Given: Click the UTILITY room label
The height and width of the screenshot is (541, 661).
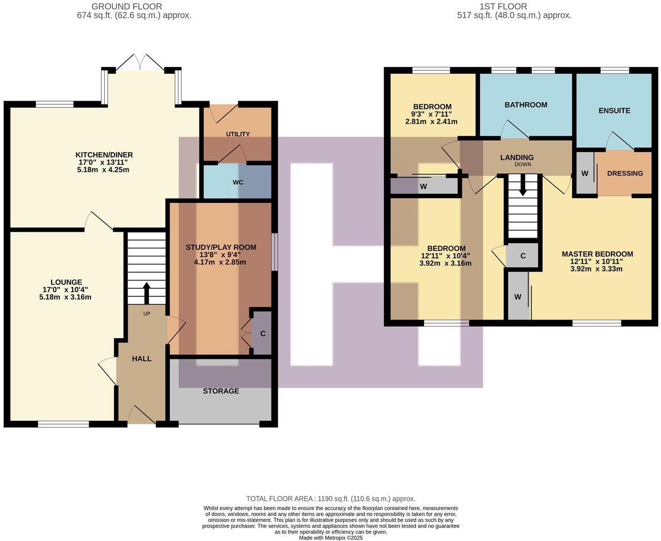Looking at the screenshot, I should tap(238, 134).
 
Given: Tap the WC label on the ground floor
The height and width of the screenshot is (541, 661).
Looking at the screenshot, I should tap(238, 182).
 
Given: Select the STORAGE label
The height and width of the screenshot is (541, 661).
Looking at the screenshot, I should tap(221, 391).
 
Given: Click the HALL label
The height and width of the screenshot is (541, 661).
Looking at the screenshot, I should tap(141, 359).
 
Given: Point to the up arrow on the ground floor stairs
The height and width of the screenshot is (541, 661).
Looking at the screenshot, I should tap(147, 293).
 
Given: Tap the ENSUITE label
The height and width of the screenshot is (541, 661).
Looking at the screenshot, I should tap(614, 110).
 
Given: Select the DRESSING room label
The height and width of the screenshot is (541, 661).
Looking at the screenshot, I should tap(625, 173).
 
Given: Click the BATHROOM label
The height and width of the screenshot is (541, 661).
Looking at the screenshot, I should tap(526, 105).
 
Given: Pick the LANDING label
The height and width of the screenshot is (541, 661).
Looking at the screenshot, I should tap(516, 157).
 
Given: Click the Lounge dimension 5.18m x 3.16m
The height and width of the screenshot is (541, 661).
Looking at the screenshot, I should tap(65, 297).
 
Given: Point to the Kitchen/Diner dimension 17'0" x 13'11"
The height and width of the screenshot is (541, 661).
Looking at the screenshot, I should tap(104, 162).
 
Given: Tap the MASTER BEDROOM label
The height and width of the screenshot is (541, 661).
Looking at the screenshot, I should tap(597, 254).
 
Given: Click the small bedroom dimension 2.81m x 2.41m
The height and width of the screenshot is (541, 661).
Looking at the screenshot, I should tap(431, 122).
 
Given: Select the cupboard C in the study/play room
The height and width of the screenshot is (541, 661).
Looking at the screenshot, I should tap(262, 333).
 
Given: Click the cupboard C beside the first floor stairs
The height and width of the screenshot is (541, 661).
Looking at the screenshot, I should tap(523, 256).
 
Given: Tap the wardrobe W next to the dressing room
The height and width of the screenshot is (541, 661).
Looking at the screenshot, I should tap(585, 173).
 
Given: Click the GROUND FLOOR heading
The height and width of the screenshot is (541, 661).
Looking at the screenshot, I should tap(127, 7).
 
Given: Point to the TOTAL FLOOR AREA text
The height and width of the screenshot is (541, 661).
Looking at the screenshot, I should tap(330, 499).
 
